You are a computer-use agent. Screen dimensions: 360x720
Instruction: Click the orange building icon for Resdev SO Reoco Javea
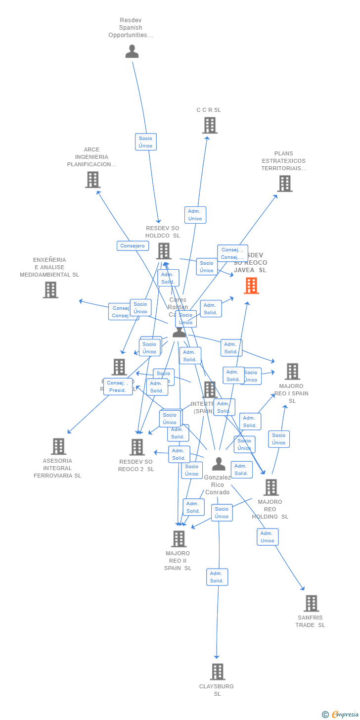[x=251, y=286]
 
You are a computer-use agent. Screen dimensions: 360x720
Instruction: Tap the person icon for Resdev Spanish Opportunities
[x=132, y=51]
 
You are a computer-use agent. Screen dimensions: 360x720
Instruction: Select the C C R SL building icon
[x=210, y=125]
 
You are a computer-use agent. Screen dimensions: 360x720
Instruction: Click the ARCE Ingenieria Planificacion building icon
[x=92, y=180]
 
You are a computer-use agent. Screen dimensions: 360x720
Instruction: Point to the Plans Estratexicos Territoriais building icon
[x=284, y=184]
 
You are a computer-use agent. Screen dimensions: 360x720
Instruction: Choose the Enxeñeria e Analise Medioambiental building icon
[x=50, y=290]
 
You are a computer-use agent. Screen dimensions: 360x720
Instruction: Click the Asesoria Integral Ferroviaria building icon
[x=58, y=446]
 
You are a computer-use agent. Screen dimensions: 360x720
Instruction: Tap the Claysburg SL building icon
[x=218, y=672]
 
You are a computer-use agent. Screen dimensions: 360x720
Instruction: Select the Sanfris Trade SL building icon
[x=311, y=603]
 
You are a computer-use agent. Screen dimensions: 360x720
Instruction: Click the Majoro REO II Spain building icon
[x=179, y=539]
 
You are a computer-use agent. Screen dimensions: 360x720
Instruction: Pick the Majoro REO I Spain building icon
[x=292, y=372]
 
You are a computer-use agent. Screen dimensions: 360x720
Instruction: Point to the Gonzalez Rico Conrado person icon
[x=219, y=464]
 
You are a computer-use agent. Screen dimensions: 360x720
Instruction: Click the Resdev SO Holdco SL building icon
[x=164, y=251]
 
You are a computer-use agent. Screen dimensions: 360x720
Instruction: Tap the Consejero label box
[x=133, y=245]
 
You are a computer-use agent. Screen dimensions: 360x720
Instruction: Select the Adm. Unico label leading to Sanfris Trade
[x=268, y=537]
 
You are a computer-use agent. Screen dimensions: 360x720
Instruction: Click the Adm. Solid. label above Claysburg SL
[x=217, y=577]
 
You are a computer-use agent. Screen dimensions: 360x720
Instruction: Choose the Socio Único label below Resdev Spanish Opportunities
[x=146, y=142]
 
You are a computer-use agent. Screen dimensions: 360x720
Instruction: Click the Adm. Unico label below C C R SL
[x=195, y=215]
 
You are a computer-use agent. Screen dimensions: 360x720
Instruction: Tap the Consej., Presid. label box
[x=118, y=386]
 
